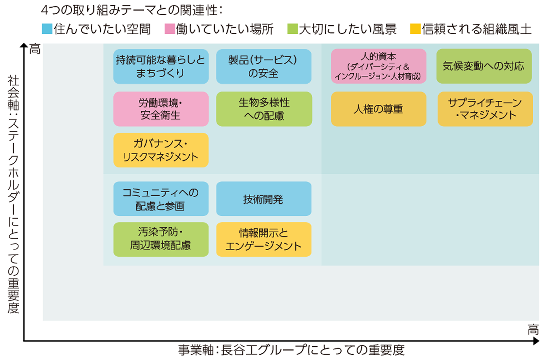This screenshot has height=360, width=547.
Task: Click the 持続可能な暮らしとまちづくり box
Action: [161, 66]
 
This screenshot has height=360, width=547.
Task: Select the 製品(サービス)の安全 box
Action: [263, 66]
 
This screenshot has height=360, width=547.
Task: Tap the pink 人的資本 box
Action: [378, 66]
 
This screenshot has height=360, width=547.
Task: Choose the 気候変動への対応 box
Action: [484, 66]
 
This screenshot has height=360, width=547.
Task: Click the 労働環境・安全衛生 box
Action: [161, 109]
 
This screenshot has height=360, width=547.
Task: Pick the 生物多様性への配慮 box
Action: [264, 109]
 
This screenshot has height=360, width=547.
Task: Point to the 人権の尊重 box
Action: [378, 109]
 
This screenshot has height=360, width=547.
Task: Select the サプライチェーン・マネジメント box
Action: [485, 109]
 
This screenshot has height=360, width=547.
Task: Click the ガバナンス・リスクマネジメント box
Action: [161, 150]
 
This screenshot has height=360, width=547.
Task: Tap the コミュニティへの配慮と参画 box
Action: [161, 199]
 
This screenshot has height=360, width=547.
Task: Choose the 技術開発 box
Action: [263, 199]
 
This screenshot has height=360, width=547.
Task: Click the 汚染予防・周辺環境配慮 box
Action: [161, 239]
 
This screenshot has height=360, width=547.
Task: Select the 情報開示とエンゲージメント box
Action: [263, 239]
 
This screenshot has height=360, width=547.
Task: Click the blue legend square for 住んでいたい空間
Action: [47, 29]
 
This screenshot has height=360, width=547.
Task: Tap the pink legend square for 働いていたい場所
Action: [169, 29]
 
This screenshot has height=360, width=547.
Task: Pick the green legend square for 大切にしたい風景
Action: [292, 29]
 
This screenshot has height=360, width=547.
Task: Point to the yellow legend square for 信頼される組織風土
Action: [415, 29]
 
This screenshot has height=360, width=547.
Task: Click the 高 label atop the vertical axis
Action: [35, 49]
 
